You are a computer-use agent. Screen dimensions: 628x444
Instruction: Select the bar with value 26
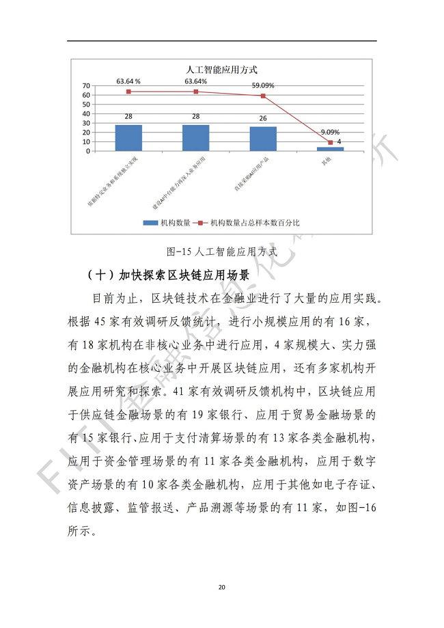263,138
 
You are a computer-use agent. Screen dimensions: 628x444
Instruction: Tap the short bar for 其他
330,148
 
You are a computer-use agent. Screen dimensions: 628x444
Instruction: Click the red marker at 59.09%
263,96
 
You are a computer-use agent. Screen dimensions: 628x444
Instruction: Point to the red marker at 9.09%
330,142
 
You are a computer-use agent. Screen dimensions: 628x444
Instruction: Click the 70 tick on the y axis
87,85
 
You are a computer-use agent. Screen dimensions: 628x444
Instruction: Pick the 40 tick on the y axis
87,113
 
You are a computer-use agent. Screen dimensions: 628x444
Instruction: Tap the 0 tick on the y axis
89,151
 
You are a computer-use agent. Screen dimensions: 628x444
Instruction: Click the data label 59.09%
263,86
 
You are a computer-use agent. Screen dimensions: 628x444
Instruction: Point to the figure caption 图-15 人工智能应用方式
221,251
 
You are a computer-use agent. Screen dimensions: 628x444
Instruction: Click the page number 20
221,587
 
